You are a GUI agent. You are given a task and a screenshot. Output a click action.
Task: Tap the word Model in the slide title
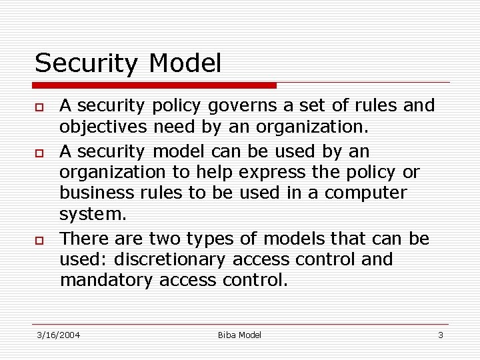185,64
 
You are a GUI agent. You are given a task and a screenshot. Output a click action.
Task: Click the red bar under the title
155,85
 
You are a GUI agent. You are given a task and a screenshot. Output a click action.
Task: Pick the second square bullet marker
40,153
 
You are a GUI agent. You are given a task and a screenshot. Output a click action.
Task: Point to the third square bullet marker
40,240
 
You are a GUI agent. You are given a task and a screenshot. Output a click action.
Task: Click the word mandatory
107,280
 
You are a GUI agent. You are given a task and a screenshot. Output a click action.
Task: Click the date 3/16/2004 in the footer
58,335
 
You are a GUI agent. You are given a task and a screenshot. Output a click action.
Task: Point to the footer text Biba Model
239,335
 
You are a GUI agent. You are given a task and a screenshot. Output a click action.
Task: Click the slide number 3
440,335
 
